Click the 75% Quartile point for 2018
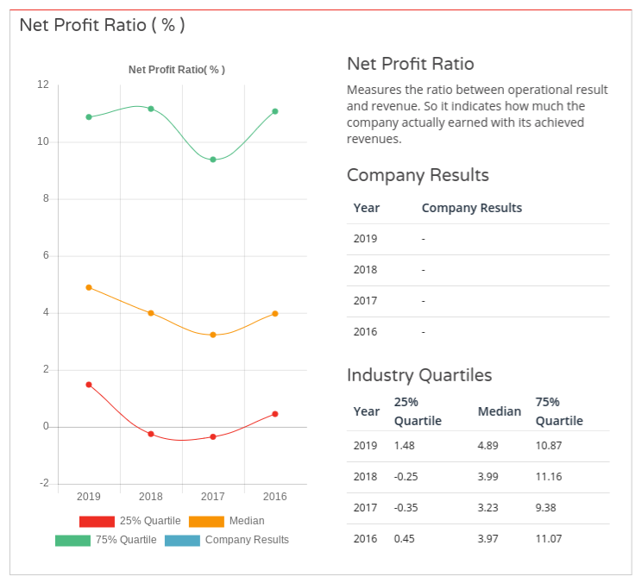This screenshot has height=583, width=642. [151, 109]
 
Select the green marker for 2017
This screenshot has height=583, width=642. [213, 160]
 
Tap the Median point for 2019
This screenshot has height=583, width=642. [89, 287]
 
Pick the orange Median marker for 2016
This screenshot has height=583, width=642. [275, 314]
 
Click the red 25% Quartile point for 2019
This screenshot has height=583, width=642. [89, 385]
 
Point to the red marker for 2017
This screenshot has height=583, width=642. [213, 437]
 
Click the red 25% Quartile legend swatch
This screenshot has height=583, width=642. [97, 521]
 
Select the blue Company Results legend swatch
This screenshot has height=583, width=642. [182, 540]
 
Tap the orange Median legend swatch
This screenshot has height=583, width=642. [206, 521]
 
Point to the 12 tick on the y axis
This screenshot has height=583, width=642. [43, 85]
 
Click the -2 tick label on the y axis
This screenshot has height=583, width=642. [43, 484]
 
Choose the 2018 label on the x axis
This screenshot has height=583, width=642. [151, 497]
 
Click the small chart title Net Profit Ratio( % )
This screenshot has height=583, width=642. [177, 70]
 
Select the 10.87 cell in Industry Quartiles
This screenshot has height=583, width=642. [549, 446]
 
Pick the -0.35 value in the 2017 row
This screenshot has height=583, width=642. [406, 508]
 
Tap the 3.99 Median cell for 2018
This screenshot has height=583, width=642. [488, 477]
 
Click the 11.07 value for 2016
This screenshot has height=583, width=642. [549, 539]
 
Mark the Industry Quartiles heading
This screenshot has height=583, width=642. [419, 375]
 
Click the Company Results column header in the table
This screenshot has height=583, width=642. [471, 208]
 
